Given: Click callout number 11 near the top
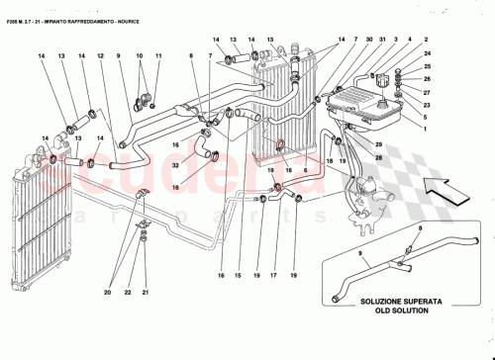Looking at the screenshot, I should (157, 57).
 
